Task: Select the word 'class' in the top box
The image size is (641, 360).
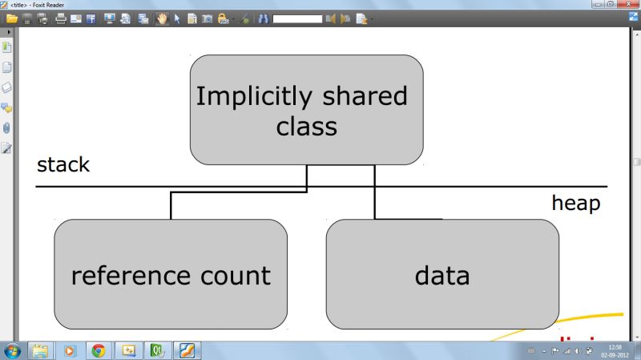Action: point(306,126)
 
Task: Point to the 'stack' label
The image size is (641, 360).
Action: point(63,165)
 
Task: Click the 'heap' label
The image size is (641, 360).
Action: point(575,204)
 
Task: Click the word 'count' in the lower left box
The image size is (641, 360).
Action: point(232,275)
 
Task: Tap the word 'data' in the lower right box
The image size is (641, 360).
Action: point(441,275)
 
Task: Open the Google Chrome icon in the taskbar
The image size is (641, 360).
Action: point(99,350)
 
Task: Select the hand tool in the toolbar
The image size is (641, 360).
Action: point(162,18)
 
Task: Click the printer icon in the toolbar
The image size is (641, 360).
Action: point(60,18)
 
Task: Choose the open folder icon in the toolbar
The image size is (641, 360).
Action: point(11,18)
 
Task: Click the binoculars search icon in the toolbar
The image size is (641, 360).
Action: point(263,18)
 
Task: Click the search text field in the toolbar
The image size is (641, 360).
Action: point(296,18)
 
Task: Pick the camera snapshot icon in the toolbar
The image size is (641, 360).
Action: point(206,18)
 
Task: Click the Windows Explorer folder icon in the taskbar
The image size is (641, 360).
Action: point(40,350)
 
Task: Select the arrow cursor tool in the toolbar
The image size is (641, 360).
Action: point(177,18)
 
